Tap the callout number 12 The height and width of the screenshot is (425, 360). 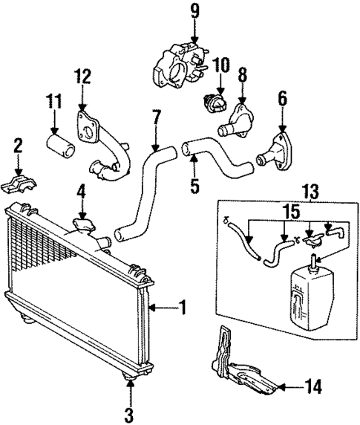point(83,76)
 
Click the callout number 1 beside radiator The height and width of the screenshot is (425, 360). point(182,307)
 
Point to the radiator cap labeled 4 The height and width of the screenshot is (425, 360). point(84,223)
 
